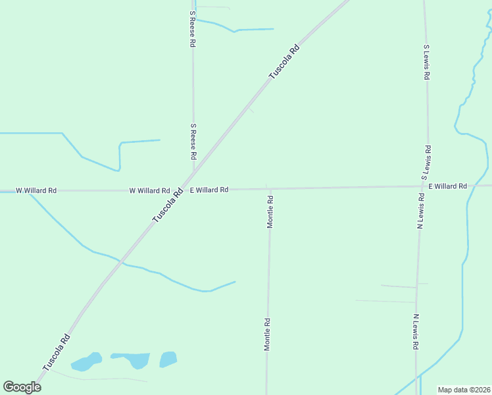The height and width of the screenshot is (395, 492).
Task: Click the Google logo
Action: (x=22, y=387)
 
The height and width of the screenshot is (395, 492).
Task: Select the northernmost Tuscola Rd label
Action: (x=284, y=62)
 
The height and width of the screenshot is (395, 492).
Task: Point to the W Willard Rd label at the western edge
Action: (x=36, y=190)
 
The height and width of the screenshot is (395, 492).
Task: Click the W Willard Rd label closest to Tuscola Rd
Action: (x=149, y=190)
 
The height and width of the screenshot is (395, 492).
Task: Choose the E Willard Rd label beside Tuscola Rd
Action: (x=209, y=190)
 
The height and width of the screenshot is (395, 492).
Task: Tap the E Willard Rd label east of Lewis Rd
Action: (x=447, y=186)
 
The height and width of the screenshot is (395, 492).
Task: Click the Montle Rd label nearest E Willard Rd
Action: (x=270, y=211)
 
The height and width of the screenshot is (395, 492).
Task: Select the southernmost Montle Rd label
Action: (x=268, y=334)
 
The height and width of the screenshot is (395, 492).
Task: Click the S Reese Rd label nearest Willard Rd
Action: (x=193, y=142)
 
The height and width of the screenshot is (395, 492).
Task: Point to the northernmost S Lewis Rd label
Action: (x=426, y=63)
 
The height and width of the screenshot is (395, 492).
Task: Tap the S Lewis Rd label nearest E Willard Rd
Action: (x=425, y=163)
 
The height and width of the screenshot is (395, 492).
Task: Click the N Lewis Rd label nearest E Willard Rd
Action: (x=420, y=211)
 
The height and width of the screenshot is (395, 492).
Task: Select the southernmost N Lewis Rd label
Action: (x=416, y=332)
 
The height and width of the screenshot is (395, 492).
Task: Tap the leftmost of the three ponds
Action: (x=86, y=361)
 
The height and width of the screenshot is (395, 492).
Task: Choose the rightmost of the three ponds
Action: (x=168, y=359)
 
